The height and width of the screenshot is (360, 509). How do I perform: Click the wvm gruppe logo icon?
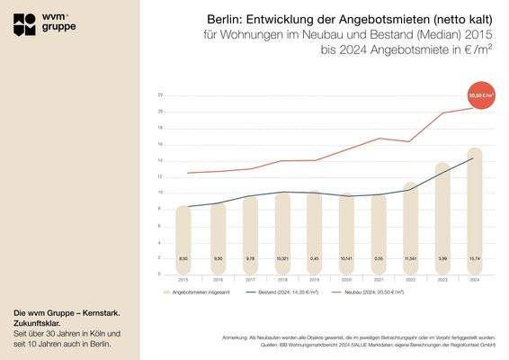(25, 25)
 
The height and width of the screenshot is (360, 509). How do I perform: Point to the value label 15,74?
(475, 258)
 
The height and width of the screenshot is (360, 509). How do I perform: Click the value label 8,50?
(183, 258)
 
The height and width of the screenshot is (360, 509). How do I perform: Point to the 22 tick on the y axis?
(159, 95)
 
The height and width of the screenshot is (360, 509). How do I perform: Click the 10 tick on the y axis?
(159, 193)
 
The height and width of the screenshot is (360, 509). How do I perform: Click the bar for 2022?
(410, 229)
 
